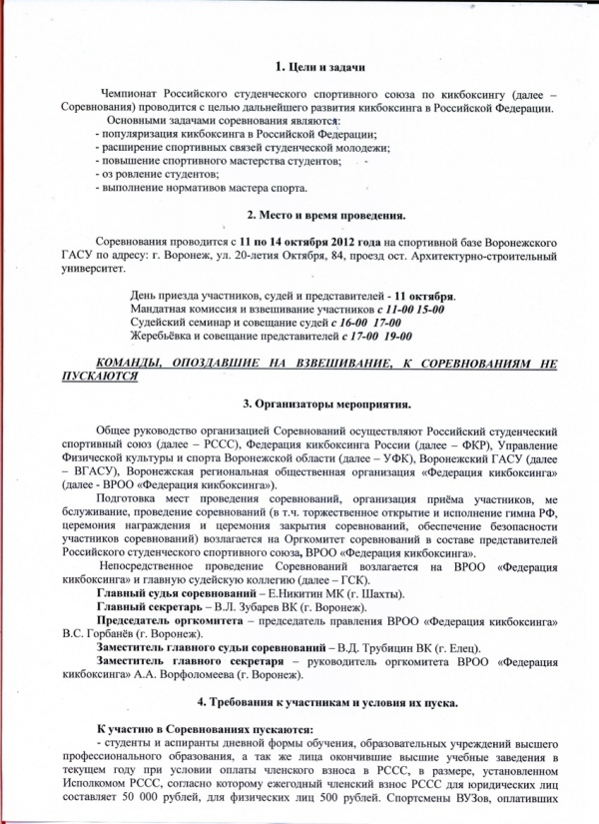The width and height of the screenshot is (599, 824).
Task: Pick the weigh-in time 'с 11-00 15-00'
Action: (399, 310)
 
